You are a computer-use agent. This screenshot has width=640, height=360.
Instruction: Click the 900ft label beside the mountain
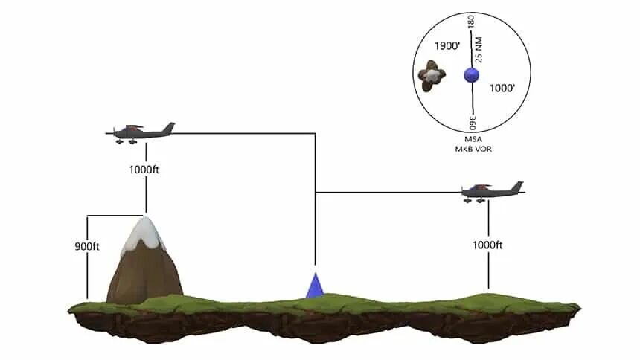(x=88, y=246)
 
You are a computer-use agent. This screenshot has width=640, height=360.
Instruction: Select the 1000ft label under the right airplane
(x=489, y=245)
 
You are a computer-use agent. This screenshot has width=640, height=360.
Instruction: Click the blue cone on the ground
(x=316, y=286)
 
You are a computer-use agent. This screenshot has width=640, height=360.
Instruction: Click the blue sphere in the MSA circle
(x=470, y=75)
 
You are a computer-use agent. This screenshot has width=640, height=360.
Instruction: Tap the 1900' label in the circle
(x=448, y=46)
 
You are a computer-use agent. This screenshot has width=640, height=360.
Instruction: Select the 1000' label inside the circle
(x=502, y=88)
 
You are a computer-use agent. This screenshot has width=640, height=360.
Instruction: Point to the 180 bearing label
(x=470, y=23)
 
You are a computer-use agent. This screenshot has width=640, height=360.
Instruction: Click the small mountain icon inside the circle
(x=432, y=76)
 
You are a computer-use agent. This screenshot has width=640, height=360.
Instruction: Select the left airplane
(x=141, y=132)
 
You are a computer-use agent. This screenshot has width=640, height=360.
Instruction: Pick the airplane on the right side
(x=490, y=191)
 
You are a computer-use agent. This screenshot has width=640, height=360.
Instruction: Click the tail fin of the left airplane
(x=169, y=128)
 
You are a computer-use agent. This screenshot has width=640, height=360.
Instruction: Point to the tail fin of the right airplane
(x=516, y=186)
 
